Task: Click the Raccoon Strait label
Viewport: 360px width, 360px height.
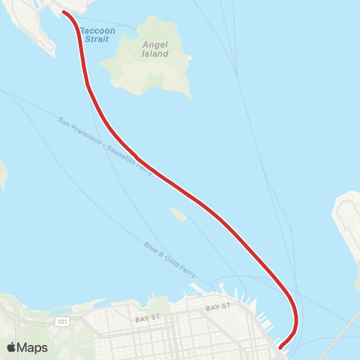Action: tap(98, 34)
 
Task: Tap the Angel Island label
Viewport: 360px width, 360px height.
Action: tap(154, 49)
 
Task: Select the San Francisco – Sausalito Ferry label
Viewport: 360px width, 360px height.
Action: tap(105, 146)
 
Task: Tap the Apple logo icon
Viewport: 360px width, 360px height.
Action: tap(12, 347)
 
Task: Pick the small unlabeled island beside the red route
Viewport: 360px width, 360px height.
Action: tap(178, 214)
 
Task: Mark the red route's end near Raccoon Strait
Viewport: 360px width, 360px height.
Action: tap(64, 13)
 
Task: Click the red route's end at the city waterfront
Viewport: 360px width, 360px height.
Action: tap(280, 346)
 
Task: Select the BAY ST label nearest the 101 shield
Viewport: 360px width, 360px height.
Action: tap(145, 319)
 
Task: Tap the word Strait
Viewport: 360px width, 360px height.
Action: tap(98, 39)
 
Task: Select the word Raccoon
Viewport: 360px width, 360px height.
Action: tap(98, 30)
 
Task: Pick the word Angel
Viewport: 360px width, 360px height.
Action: tap(154, 43)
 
